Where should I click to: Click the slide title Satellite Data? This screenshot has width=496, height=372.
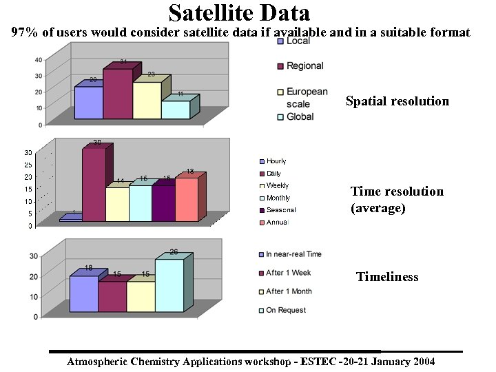click(x=239, y=12)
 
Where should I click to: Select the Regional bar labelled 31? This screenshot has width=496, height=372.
click(x=117, y=94)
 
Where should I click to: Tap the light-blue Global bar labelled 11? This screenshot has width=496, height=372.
click(x=176, y=110)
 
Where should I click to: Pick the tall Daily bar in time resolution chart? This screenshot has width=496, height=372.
click(x=94, y=185)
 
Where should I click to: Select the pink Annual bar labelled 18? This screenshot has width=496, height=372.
click(x=186, y=199)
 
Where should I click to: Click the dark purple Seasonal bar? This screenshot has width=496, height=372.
click(x=163, y=203)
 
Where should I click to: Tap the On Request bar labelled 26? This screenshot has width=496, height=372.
click(x=169, y=285)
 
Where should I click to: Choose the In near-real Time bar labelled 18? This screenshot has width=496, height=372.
click(x=84, y=293)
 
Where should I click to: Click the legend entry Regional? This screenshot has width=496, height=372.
click(x=305, y=66)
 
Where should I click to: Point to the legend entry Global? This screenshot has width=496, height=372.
click(x=300, y=117)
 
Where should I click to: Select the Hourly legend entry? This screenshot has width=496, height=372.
click(x=276, y=161)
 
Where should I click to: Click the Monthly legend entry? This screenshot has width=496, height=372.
click(x=278, y=198)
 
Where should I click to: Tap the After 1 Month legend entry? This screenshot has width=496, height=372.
click(x=289, y=291)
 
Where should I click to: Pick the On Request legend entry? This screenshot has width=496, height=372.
click(x=286, y=310)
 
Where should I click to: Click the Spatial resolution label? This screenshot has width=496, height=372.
click(x=397, y=101)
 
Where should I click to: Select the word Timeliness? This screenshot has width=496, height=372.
click(x=386, y=277)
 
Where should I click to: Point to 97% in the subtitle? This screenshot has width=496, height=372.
click(x=25, y=32)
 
